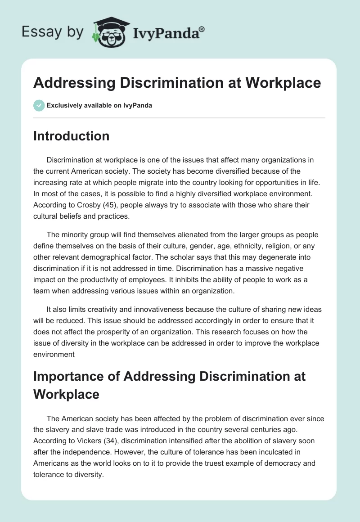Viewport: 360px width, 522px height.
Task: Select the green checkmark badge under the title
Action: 39,105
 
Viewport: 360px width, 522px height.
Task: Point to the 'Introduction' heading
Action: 71,136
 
